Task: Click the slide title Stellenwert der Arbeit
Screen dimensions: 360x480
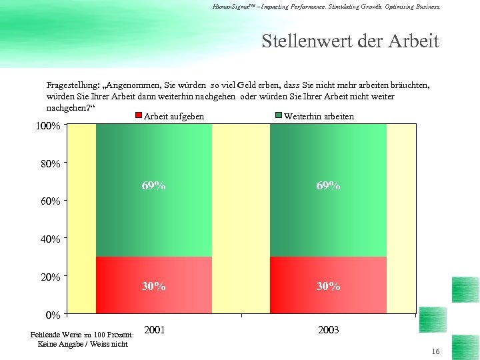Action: [350, 41]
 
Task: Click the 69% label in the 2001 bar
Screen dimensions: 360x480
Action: [153, 186]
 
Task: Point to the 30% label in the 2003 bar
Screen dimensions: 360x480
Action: [328, 286]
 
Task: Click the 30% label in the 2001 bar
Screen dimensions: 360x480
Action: [153, 286]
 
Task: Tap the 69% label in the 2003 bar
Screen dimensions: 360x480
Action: [328, 186]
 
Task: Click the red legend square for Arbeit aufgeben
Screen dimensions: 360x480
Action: [138, 117]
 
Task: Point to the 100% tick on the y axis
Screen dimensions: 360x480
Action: [47, 126]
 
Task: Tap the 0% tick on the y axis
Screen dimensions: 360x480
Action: [53, 314]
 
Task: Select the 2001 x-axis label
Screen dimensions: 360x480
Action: [155, 330]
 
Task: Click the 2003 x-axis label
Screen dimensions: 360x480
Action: [328, 330]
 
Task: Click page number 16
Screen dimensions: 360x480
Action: [435, 351]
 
